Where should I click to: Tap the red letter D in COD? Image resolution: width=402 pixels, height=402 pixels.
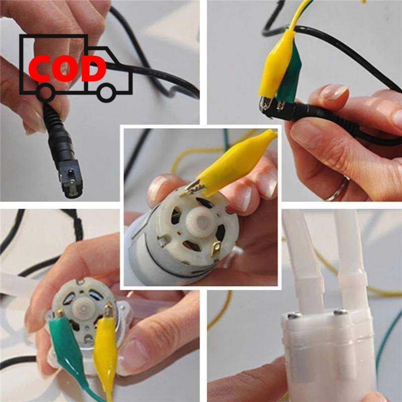[x=94, y=69]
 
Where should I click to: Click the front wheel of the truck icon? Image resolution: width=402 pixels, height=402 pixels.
[x=107, y=92]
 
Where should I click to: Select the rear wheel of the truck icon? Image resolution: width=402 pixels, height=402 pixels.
[x=46, y=92]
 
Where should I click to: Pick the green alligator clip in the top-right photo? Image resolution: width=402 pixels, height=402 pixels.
[x=288, y=77]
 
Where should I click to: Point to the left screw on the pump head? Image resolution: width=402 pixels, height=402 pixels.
[x=294, y=316]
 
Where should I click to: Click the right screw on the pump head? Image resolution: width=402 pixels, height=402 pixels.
[x=340, y=312]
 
